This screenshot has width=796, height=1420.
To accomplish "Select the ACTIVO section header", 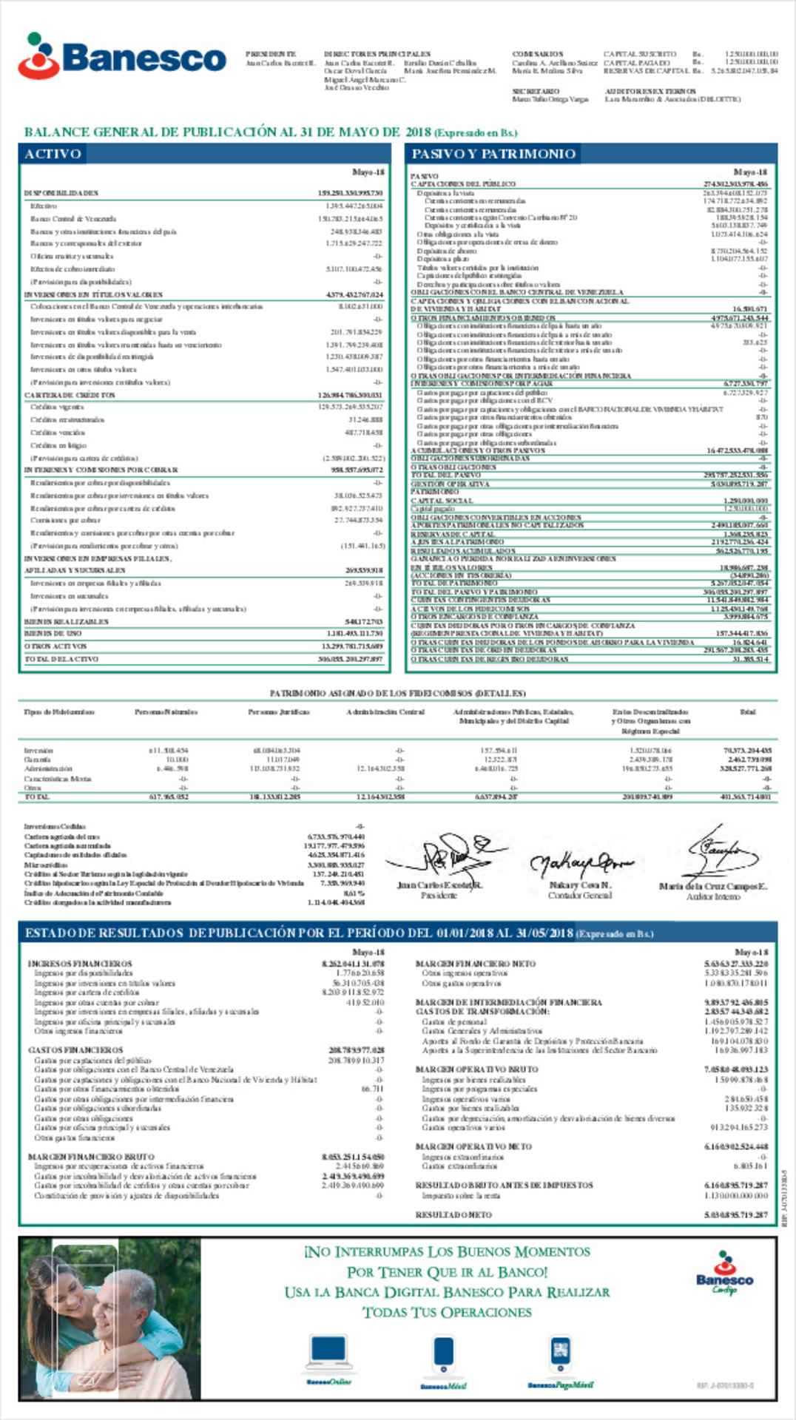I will pos(53,154).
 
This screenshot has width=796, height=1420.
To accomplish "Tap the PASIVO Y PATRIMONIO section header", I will pos(493,154).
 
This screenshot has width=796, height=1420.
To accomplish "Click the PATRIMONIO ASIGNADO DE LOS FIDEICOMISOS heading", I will pos(397,693).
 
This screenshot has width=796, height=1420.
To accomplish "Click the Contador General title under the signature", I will pos(579,895).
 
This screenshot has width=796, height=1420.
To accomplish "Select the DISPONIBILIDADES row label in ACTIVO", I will pos(61,193).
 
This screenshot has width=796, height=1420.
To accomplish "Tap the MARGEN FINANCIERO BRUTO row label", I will pos(91,1157).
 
